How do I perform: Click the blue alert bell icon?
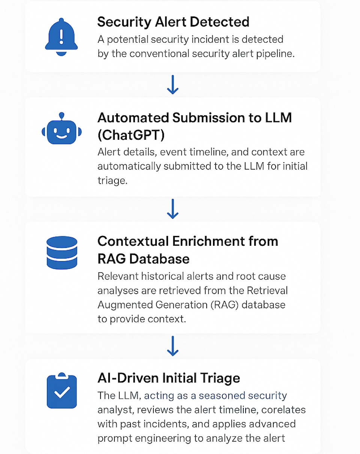[61, 37]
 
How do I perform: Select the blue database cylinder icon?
[62, 252]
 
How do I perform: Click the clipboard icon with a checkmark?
[62, 390]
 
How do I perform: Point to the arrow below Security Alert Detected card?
[173, 85]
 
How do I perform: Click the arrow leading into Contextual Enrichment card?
[173, 209]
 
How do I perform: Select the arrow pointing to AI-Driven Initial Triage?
[173, 346]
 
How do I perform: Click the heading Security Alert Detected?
[173, 22]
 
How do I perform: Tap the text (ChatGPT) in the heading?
[131, 135]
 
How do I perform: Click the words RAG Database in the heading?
[144, 259]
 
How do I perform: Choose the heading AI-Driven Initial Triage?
[169, 378]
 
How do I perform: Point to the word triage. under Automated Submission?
[112, 181]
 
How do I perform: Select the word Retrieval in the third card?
[267, 291]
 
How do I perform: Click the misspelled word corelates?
[283, 410]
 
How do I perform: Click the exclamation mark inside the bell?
[61, 37]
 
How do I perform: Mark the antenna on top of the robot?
[61, 116]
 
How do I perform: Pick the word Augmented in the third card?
[125, 305]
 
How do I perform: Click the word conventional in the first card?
[159, 54]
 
